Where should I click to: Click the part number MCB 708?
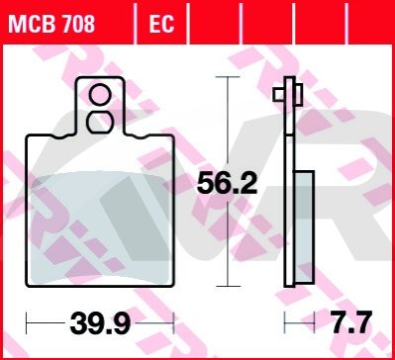pyautogui.click(x=51, y=24)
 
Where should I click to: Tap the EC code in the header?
pyautogui.click(x=161, y=24)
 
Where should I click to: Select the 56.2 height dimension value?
pyautogui.click(x=227, y=185)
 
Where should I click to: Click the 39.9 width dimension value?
pyautogui.click(x=100, y=323)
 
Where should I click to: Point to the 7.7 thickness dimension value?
pyautogui.click(x=351, y=322)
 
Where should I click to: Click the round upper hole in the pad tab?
pyautogui.click(x=100, y=95)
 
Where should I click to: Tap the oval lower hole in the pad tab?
pyautogui.click(x=100, y=123)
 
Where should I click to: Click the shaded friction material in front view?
pyautogui.click(x=99, y=228)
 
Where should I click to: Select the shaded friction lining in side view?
pyautogui.click(x=304, y=226)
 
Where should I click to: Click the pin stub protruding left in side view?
pyautogui.click(x=279, y=95)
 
